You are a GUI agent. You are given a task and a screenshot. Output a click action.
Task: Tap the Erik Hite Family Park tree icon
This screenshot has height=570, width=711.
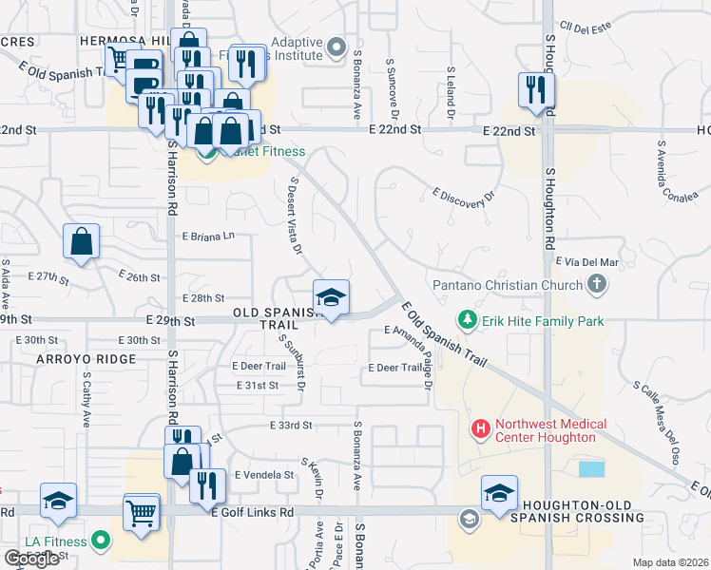[467, 321]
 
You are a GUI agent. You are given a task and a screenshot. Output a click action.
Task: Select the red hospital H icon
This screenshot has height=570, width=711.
[481, 430]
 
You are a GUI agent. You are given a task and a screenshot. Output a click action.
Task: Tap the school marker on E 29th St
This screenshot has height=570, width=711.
[331, 299]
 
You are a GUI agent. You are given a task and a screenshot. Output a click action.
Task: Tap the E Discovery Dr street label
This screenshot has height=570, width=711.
[465, 195]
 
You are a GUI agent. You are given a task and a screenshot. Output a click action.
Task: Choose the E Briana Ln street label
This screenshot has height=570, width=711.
[207, 236]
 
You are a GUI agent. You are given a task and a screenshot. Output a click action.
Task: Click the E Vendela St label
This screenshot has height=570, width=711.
[262, 474]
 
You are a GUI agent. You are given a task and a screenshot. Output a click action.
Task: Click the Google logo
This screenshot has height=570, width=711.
[31, 559]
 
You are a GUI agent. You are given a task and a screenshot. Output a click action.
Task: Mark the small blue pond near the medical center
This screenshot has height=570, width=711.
[590, 468]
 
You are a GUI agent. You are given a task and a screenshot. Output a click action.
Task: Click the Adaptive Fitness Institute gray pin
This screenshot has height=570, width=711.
[336, 46]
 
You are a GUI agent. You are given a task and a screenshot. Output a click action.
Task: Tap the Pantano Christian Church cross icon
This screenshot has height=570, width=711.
[596, 283]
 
